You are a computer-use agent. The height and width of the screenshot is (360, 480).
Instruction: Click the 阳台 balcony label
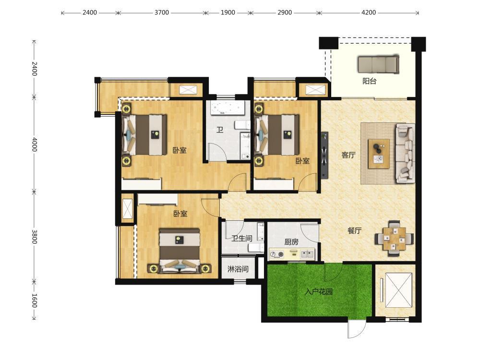pyautogui.click(x=369, y=81)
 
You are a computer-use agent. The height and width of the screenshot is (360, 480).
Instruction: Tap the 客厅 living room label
pyautogui.click(x=348, y=155)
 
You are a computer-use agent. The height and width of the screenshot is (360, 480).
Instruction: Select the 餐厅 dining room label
pyautogui.click(x=355, y=230)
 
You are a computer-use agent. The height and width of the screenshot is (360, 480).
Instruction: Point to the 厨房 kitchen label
pyautogui.click(x=291, y=242)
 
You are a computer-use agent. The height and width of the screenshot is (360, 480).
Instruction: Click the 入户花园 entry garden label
pyautogui.click(x=319, y=291)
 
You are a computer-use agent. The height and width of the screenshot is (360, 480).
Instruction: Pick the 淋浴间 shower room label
pyautogui.click(x=238, y=269)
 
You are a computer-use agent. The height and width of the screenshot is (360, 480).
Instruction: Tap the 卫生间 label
pyautogui.click(x=242, y=238)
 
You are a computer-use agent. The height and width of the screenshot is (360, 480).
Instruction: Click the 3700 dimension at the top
pyautogui.click(x=161, y=12)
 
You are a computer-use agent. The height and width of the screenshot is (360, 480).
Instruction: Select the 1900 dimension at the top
pyautogui.click(x=228, y=12)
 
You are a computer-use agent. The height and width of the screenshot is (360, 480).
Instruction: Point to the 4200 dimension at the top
pyautogui.click(x=369, y=12)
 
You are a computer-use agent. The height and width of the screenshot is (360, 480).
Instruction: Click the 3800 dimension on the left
pyautogui.click(x=34, y=237)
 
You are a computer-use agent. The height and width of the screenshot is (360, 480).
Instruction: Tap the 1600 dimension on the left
pyautogui.click(x=34, y=300)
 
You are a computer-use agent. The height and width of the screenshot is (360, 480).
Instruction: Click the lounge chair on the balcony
pyautogui.click(x=379, y=64)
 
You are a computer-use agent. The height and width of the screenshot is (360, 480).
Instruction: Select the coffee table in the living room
pyautogui.click(x=379, y=154)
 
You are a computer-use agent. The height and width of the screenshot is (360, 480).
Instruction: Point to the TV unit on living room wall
pyautogui.click(x=324, y=155)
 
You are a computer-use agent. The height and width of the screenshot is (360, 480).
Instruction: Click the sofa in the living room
pyautogui.click(x=405, y=153)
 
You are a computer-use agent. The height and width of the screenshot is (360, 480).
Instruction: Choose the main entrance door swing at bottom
pyautogui.click(x=357, y=330)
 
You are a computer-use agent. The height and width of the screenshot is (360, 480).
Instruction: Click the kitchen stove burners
pyautogui.click(x=277, y=254)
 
